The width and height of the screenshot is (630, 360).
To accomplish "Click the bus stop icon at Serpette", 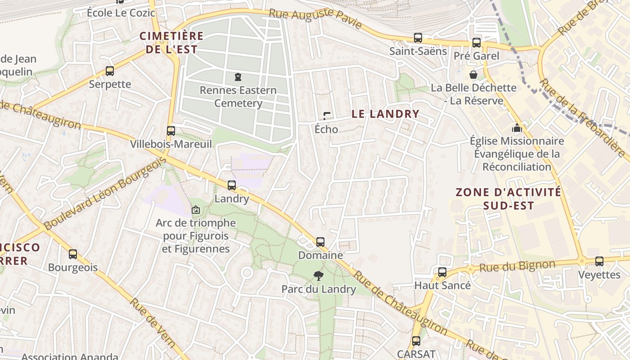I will (109, 71).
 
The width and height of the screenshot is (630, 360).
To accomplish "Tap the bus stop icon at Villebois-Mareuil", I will (171, 131).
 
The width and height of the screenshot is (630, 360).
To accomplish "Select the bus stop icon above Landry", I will (232, 185).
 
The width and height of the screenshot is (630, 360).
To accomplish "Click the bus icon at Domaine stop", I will (320, 242).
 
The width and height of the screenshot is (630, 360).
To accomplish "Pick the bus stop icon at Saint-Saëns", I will (418, 38).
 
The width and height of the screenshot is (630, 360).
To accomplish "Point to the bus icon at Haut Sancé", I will (442, 272).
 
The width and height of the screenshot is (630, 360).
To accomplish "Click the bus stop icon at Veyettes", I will (599, 261).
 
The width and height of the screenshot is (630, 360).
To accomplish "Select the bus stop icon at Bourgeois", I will (73, 254).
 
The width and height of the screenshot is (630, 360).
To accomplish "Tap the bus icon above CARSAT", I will (416, 341).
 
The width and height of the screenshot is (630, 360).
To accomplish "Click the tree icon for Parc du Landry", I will (319, 275).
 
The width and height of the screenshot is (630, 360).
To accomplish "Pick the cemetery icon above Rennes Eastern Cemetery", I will (238, 77).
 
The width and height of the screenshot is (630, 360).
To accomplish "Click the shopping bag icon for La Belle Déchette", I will (473, 75).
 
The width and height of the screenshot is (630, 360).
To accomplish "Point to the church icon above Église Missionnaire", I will (517, 128).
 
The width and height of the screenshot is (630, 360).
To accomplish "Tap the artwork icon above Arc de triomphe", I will (196, 210).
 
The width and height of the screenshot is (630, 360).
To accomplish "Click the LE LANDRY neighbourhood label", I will (385, 114).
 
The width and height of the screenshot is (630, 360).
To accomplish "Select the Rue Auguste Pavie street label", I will (315, 18).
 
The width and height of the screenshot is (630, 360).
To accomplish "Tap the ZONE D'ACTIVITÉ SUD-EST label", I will (508, 199).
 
